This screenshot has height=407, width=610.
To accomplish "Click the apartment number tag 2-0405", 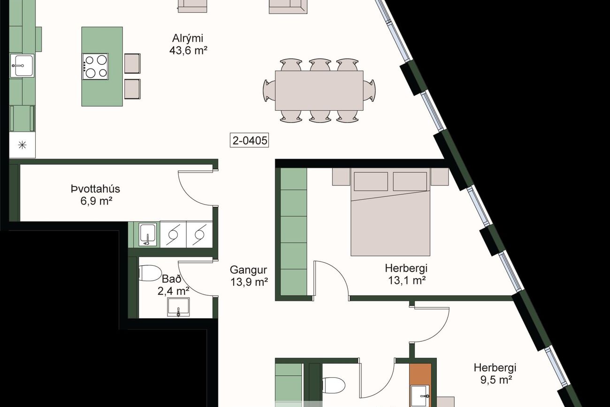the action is coord(249,140).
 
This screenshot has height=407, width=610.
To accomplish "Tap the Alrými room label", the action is coord(188,38).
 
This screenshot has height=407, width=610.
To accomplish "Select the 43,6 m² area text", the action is coord(188,50).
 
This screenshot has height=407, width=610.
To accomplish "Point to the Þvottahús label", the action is coord(96,189).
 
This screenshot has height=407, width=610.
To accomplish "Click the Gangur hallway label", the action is coord(248,270).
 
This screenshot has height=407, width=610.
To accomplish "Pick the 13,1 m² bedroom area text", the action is coord(407,280).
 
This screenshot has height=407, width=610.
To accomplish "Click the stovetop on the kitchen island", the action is coord(95,67).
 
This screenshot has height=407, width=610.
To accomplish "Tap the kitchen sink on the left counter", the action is coord(22,66).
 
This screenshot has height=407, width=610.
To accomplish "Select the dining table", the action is coord(319,91).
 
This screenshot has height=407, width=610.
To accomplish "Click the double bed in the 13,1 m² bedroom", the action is coord(390,212).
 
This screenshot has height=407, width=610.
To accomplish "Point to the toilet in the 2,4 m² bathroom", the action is coord(150,273).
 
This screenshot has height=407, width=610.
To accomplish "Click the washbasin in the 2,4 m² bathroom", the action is coord(178,307).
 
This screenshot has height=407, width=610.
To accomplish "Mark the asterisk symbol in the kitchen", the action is coord(22,145).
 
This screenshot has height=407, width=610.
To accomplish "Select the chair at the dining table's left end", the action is coord(269,91).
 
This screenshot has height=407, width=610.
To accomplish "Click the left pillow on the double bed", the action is coord(371,181).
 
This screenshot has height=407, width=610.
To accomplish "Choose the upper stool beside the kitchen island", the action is coord(132,63).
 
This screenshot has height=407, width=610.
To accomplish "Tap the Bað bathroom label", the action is coord(171,279).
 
